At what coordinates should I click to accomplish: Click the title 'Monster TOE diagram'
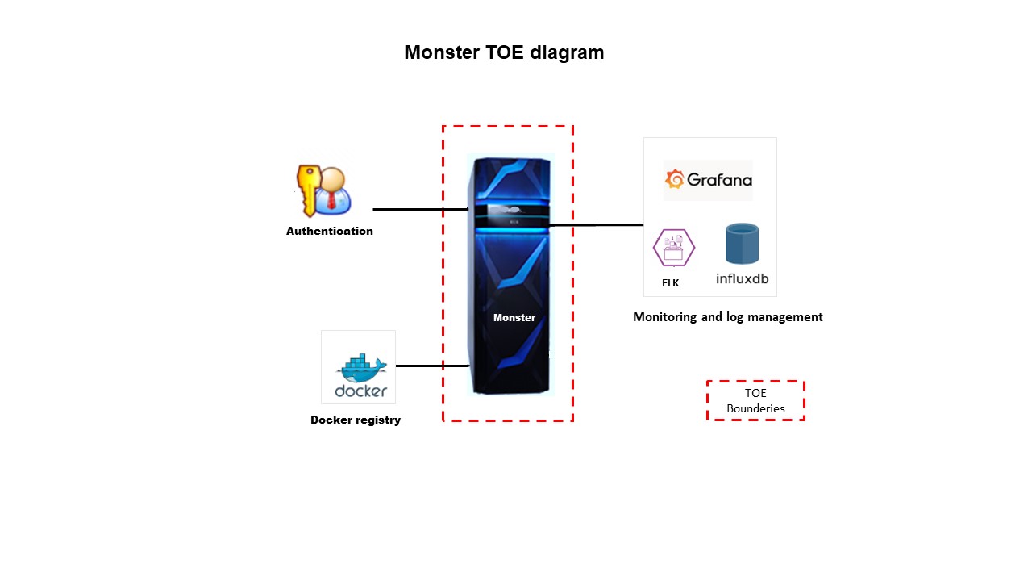[x=504, y=52]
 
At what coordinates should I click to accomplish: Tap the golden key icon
[x=306, y=188]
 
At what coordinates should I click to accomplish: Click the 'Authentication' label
[x=330, y=231]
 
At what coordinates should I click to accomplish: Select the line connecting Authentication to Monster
[x=419, y=209]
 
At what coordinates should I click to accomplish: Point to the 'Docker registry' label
[x=356, y=420]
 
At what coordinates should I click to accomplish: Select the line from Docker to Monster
[x=432, y=366]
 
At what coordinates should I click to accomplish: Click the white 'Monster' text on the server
[x=514, y=317]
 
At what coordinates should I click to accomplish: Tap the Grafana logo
[x=708, y=180]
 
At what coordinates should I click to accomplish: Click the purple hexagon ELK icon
[x=673, y=248]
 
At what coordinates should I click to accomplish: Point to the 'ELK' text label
[x=671, y=283]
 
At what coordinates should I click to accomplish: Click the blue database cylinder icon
[x=742, y=244]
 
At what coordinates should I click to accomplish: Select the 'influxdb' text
[x=742, y=279]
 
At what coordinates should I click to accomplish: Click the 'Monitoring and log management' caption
[x=728, y=317]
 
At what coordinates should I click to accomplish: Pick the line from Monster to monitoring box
[x=597, y=225]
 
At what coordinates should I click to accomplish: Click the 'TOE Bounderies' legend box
[x=755, y=401]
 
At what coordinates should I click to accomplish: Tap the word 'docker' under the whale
[x=361, y=391]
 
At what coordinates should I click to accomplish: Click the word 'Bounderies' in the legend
[x=755, y=408]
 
